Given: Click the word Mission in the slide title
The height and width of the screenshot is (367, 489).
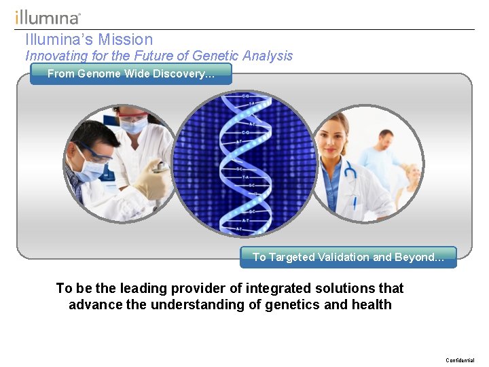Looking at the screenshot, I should point(126,39).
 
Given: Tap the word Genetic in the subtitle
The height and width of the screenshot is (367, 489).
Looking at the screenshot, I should point(217,56).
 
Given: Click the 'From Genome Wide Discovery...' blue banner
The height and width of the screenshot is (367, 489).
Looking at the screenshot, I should point(130,73).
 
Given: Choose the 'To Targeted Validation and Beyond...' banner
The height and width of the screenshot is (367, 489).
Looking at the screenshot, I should point(348,257).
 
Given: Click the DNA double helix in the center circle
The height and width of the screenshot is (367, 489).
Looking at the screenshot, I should point(245,163).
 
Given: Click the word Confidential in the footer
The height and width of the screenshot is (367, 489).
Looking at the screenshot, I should point(460,360).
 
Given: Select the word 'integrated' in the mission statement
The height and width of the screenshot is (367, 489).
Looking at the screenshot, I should point(278,288).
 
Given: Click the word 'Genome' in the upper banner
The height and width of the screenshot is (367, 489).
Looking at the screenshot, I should point(98,73).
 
